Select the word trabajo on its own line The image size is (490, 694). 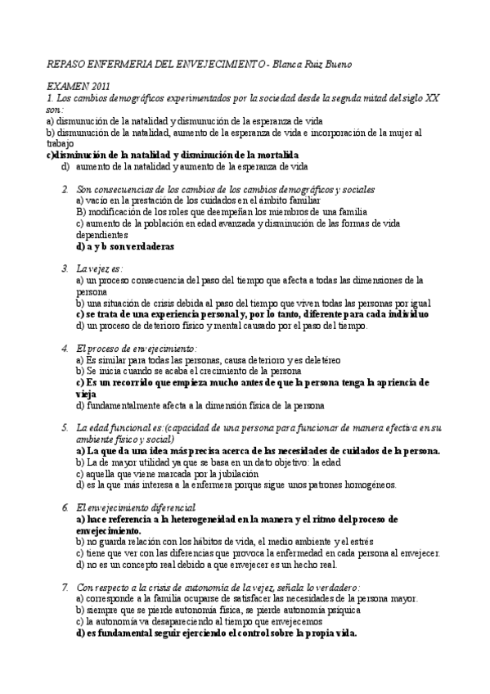60,143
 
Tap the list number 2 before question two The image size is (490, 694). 65,189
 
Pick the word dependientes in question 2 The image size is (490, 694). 101,234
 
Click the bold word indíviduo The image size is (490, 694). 406,313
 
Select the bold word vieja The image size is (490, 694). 86,394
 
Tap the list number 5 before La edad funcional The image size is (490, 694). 65,427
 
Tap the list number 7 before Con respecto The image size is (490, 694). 65,587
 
